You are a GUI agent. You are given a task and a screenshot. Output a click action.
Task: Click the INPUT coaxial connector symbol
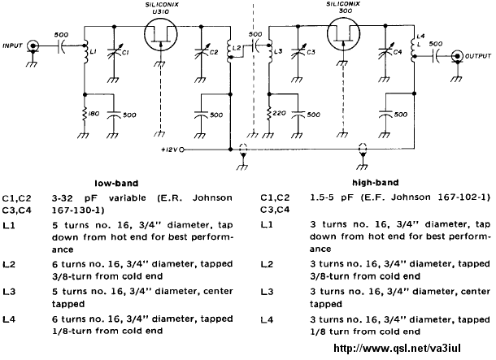(x=33, y=46)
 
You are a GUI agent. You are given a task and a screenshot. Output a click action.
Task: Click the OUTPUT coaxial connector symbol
(x=456, y=56)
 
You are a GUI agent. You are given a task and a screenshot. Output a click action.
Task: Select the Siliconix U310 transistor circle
(x=161, y=34)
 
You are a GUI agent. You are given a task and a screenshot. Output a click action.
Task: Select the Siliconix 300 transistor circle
(x=343, y=33)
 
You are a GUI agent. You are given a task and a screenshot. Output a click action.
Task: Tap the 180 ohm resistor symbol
(x=85, y=114)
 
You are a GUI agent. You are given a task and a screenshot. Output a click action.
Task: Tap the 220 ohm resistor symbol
(x=269, y=114)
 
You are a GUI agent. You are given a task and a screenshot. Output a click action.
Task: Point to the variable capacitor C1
(x=115, y=52)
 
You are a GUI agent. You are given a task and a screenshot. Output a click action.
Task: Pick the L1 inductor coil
(x=85, y=52)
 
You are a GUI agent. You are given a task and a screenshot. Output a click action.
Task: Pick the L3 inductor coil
(x=270, y=52)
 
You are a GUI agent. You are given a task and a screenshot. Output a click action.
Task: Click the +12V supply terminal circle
(x=181, y=150)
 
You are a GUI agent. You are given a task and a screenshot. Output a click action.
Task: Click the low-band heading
(x=116, y=184)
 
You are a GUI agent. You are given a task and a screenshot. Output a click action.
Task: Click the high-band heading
(x=375, y=182)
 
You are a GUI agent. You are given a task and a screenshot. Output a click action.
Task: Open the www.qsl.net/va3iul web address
(x=397, y=349)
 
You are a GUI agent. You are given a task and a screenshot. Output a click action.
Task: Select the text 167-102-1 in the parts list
(x=463, y=197)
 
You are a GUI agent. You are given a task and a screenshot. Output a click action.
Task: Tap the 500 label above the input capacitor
(x=61, y=35)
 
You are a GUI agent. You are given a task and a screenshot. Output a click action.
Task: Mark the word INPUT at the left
(x=13, y=46)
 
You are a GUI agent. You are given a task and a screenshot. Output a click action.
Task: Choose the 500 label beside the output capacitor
(x=436, y=44)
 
